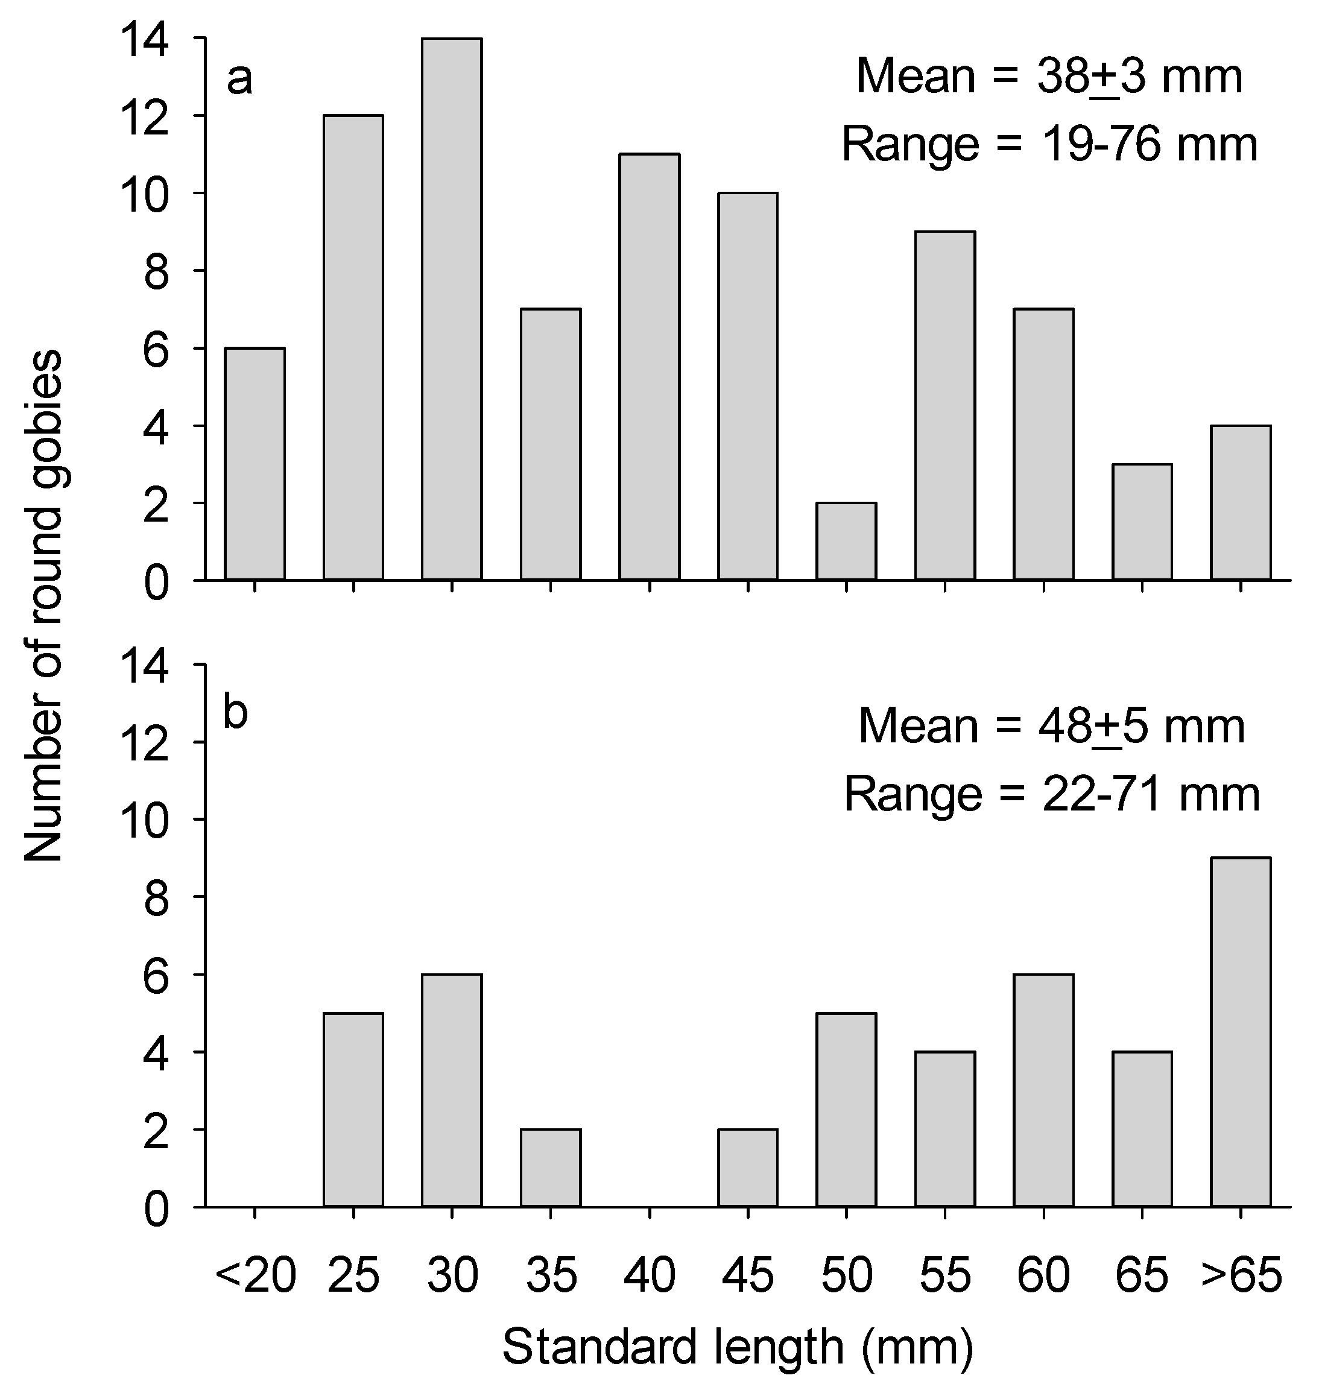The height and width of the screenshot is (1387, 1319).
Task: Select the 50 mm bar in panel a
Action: (847, 542)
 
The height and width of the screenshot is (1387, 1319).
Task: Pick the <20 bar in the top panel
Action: (255, 464)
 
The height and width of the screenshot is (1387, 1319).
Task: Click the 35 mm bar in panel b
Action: (551, 1167)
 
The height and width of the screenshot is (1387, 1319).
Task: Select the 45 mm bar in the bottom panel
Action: (747, 1167)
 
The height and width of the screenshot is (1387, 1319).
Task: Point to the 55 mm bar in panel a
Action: (945, 406)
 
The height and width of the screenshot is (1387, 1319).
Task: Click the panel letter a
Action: (240, 80)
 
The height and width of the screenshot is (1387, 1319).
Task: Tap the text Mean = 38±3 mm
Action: (1049, 77)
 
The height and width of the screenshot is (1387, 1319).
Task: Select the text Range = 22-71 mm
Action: (1052, 794)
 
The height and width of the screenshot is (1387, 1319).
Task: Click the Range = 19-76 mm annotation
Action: (1049, 145)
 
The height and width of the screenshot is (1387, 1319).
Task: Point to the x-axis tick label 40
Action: (649, 1275)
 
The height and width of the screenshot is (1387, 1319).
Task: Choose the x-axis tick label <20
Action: (255, 1275)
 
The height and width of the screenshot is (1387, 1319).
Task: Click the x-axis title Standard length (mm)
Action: (738, 1347)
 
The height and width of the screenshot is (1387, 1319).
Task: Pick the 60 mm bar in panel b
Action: (1043, 1090)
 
